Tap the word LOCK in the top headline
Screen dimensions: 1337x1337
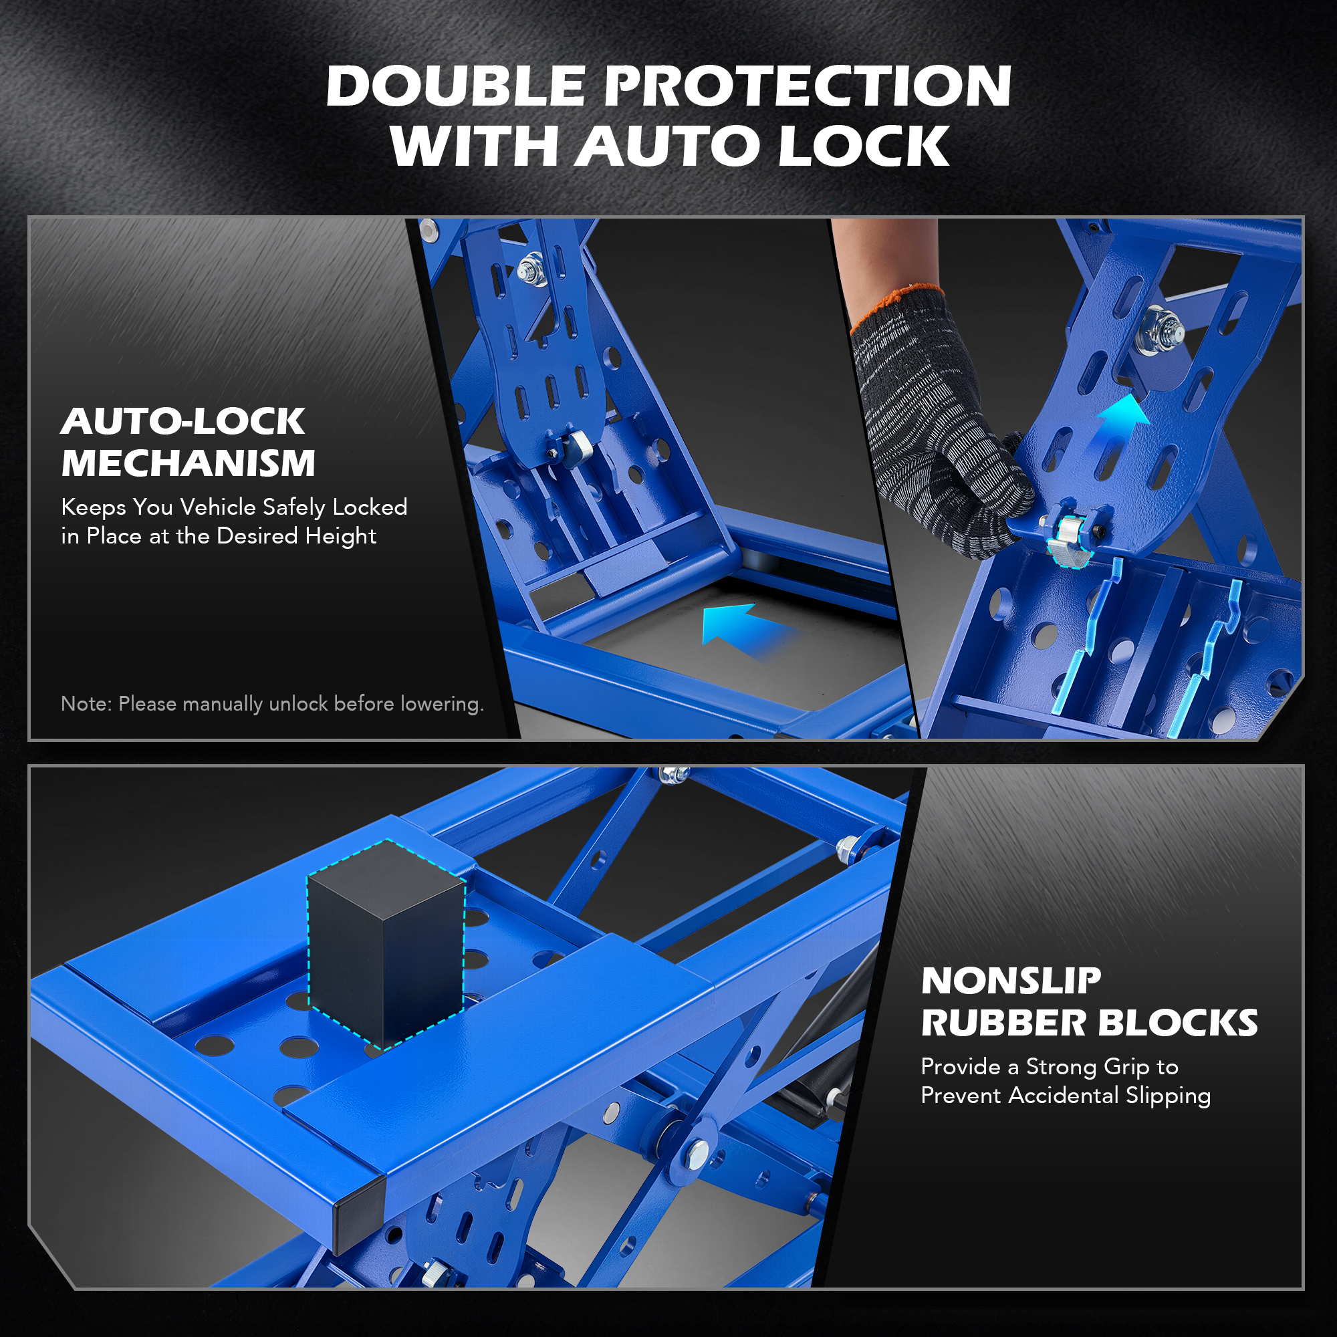[863, 146]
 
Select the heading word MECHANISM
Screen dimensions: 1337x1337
[189, 463]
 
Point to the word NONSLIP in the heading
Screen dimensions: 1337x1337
[1010, 981]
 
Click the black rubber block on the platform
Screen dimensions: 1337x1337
[386, 943]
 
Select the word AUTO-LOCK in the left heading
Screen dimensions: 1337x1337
[183, 421]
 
